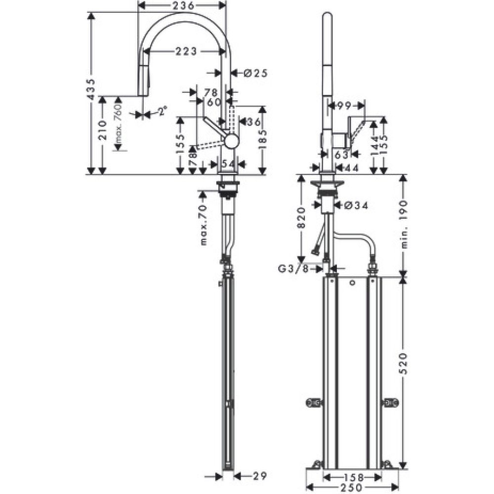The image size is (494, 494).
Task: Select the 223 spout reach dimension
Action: [185, 51]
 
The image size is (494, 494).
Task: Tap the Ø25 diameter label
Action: [255, 73]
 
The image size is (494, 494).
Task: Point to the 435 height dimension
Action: [90, 89]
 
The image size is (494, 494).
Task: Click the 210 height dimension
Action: [102, 131]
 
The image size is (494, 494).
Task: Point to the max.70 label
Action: [204, 225]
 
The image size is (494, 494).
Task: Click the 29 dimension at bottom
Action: [257, 476]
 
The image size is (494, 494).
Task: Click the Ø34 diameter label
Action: [355, 205]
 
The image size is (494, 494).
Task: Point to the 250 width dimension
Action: [352, 487]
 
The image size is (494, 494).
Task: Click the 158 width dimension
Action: [352, 477]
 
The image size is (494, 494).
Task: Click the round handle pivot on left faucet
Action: [230, 141]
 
